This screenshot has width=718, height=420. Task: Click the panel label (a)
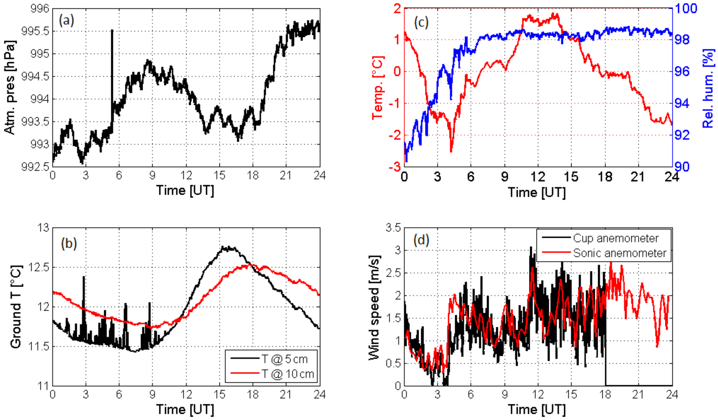pos(66,20)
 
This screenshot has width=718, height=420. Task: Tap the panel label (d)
pos(421,240)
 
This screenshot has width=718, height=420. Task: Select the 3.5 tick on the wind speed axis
pos(393,228)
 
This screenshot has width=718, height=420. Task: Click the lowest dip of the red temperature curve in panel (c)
pos(451,151)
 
